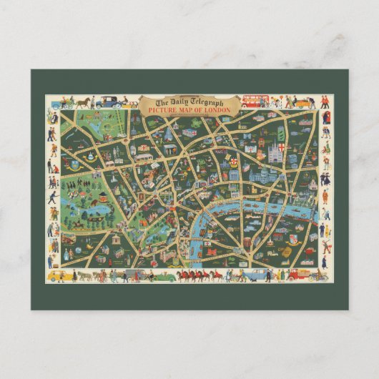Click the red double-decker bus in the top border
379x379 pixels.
coord(254,101)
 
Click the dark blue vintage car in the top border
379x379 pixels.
coord(109,102)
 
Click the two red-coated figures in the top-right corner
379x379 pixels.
coord(324,102)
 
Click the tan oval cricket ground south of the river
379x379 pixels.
coord(285,252)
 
